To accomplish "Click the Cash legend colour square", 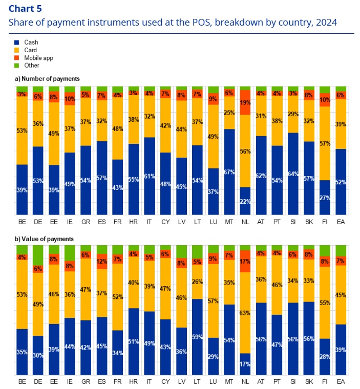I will (x=17, y=42).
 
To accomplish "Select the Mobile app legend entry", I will (x=38, y=58).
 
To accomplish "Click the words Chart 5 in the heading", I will (x=26, y=9).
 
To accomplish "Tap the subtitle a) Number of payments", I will (x=47, y=78).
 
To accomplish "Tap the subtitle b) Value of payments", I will (x=45, y=239).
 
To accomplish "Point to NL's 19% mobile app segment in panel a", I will (x=245, y=102).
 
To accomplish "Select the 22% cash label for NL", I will (x=245, y=201).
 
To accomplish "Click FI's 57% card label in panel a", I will (x=325, y=144).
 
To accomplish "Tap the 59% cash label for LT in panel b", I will (x=197, y=337).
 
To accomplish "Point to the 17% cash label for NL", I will (x=245, y=364).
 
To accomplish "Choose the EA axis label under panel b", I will (x=341, y=382).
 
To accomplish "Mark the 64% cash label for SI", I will (x=293, y=173).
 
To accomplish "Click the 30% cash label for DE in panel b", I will (x=37, y=356).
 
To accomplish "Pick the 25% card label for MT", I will (x=229, y=113).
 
